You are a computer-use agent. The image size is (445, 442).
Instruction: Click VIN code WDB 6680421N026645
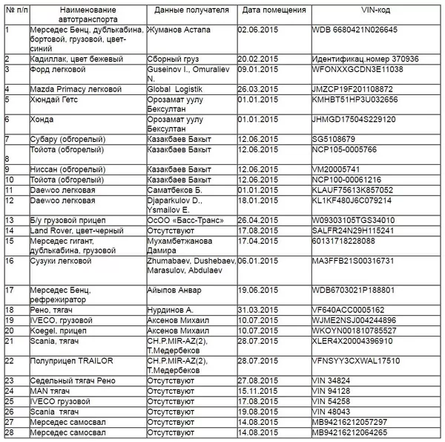click(x=355, y=30)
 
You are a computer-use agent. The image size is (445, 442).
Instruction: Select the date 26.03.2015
click(x=257, y=88)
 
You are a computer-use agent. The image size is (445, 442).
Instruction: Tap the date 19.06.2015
click(x=257, y=290)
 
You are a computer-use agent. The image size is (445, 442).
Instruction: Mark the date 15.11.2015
click(x=257, y=389)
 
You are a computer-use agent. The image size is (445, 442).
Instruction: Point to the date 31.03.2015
click(x=257, y=310)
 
